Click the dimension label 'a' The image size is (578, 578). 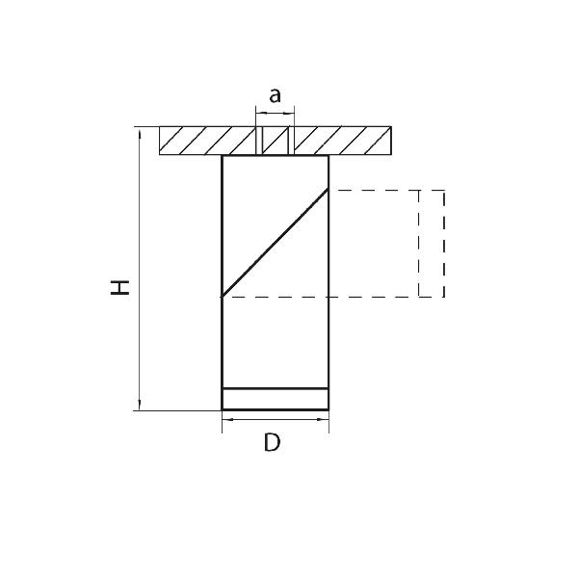click(275, 95)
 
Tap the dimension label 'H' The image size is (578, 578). click(120, 287)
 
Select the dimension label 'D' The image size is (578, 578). click(273, 442)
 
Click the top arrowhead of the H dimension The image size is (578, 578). click(140, 134)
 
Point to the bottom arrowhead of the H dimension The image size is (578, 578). click(140, 405)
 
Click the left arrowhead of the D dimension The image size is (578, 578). click(227, 419)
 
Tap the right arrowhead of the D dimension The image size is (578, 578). click(323, 419)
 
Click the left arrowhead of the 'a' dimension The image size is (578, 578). click(261, 113)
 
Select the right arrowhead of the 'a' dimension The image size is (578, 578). click(289, 113)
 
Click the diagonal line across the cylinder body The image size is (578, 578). click(275, 243)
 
